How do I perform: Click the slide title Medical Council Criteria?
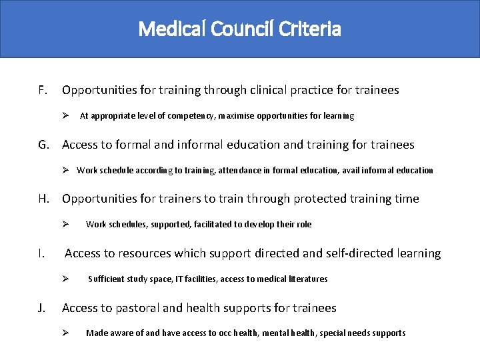point(240,29)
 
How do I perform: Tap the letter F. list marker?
point(43,90)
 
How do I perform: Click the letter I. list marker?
point(41,253)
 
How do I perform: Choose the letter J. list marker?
point(42,308)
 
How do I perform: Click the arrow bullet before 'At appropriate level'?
point(66,116)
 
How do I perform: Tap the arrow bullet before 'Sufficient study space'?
point(66,279)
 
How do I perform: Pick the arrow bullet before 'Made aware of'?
point(66,333)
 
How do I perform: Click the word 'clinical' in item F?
point(277,90)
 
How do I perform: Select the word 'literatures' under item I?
point(308,279)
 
